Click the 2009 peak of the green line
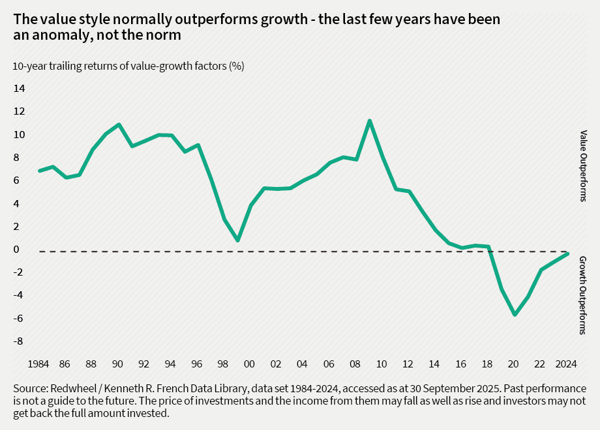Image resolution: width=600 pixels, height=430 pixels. click(370, 121)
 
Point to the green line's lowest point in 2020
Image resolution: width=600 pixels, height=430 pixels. click(515, 314)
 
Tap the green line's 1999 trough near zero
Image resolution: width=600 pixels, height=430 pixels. click(237, 240)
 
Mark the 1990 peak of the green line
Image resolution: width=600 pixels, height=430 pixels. click(119, 124)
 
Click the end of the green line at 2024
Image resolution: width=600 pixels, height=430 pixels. click(568, 253)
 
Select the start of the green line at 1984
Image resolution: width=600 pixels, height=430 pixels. click(40, 171)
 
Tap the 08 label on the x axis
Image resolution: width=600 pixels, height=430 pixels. click(356, 363)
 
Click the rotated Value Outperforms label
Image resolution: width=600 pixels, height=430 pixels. click(583, 165)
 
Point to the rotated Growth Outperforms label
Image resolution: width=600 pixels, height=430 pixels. click(583, 295)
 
